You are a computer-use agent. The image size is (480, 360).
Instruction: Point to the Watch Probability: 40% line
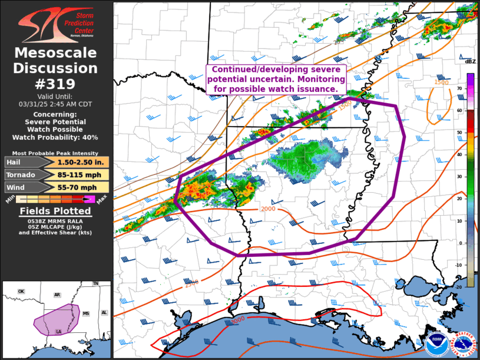pos(56,137)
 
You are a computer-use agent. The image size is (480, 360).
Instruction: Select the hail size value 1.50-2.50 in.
pos(81,162)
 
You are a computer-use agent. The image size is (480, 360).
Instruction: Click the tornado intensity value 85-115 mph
pos(81,174)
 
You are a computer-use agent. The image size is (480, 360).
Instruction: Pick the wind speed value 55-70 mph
pos(81,187)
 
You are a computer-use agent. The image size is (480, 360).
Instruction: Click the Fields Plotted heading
pos(56,211)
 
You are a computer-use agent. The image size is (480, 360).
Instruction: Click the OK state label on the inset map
pos(21,292)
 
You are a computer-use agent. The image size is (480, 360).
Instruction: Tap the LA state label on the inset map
pos(59,332)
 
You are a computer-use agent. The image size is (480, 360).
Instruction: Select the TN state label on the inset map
pos(95,284)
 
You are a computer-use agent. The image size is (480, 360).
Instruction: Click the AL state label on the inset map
pos(104,313)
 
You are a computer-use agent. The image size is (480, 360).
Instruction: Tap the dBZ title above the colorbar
pos(470,62)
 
